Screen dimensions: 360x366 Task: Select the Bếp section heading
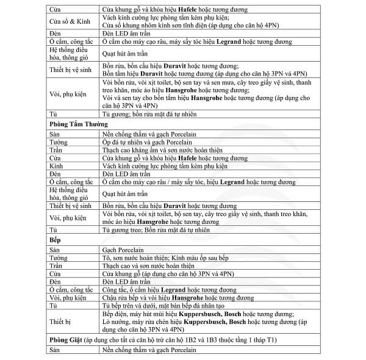tap(54, 240)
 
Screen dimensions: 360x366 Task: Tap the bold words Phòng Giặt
tap(66, 339)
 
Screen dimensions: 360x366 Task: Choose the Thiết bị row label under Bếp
tap(62, 321)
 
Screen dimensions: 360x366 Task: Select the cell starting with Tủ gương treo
tap(156, 231)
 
